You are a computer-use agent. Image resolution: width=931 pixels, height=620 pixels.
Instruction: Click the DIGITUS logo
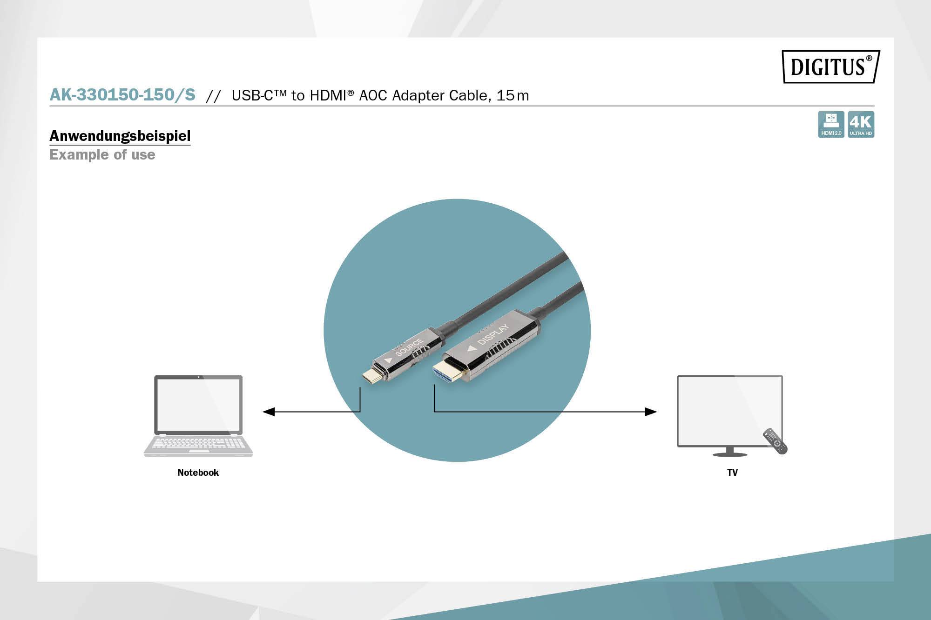[x=830, y=67]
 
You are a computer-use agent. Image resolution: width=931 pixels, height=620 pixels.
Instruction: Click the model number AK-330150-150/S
[x=122, y=95]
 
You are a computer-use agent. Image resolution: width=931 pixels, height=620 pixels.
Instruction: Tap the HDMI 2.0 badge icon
[x=831, y=124]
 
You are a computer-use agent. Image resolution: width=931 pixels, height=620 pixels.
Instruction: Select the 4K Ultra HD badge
[x=861, y=124]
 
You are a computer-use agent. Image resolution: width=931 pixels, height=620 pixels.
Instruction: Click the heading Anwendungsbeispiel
[x=120, y=136]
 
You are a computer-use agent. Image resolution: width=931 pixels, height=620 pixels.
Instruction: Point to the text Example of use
[x=102, y=154]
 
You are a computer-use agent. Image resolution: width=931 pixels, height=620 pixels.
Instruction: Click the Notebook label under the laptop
[x=198, y=473]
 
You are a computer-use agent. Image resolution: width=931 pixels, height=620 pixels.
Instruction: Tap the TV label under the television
[x=732, y=473]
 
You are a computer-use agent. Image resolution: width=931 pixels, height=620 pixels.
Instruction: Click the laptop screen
[x=198, y=405]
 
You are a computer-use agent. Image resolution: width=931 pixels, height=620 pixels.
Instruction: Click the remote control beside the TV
[x=775, y=441]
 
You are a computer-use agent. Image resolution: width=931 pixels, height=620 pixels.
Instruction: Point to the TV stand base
[x=729, y=453]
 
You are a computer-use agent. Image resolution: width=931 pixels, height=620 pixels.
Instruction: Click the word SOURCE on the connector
[x=409, y=347]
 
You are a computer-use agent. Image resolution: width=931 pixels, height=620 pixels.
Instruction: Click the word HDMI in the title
[x=328, y=95]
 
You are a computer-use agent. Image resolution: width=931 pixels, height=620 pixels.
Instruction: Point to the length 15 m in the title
[x=513, y=95]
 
